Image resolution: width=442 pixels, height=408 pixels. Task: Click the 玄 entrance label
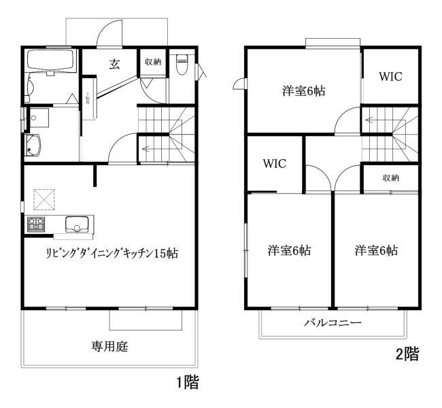point(115,64)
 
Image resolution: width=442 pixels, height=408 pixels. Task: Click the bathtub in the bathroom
point(52,63)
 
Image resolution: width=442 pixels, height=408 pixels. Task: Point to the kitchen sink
point(76,224)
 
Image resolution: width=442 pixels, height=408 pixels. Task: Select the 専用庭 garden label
point(110,346)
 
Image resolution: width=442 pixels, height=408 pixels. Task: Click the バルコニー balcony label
point(333,322)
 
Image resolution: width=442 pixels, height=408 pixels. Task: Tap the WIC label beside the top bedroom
point(390,76)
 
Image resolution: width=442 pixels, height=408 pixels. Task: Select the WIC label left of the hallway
point(274,164)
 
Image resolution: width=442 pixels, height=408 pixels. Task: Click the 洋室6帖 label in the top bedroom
point(303,90)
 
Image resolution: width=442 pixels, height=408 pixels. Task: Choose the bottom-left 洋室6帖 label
point(289,250)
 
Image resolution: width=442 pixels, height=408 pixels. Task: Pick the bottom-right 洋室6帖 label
point(375,250)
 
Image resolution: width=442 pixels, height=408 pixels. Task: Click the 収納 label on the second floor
point(390,178)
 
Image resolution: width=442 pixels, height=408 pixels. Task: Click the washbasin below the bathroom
point(33,145)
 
